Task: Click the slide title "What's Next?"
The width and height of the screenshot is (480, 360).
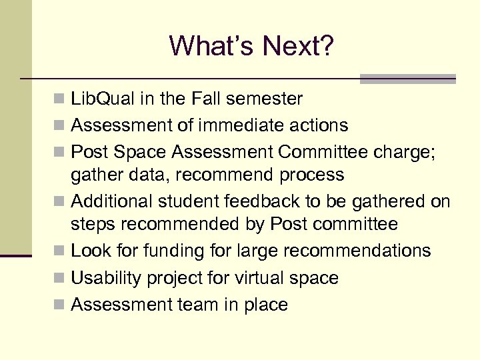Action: click(251, 45)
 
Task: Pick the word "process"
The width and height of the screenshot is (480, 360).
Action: click(313, 175)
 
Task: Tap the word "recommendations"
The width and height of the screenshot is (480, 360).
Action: click(357, 251)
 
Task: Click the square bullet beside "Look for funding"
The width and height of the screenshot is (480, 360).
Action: click(60, 251)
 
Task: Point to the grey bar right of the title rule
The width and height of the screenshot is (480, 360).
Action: click(407, 78)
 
